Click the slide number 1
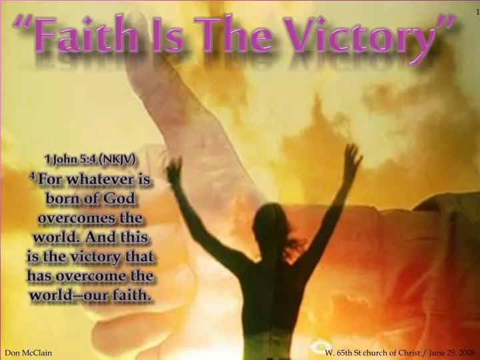pyautogui.click(x=476, y=13)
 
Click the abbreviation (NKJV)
pyautogui.click(x=119, y=160)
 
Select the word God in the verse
pyautogui.click(x=122, y=199)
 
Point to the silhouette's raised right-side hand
pyautogui.click(x=353, y=156)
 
